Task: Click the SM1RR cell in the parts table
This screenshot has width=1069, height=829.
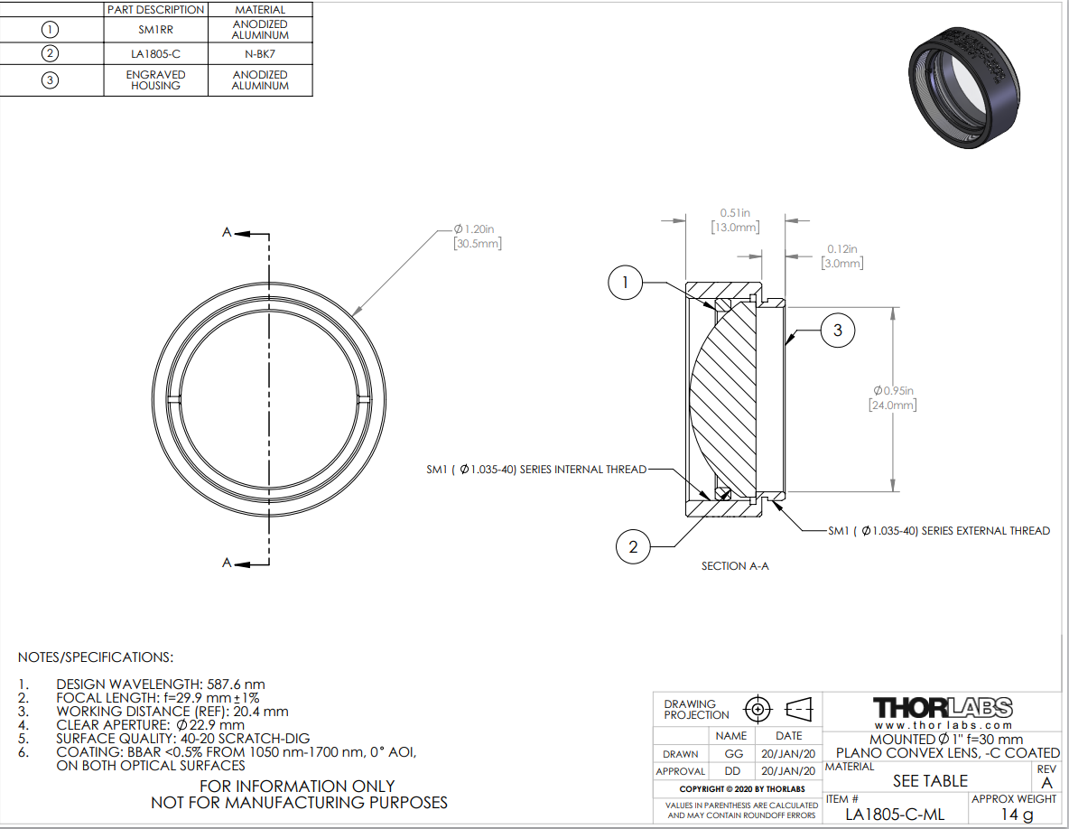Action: [x=155, y=30]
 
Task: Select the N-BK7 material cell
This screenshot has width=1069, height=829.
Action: [x=260, y=54]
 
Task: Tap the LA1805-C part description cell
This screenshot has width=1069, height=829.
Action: [x=155, y=54]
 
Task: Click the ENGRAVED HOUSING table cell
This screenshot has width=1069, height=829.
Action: [x=155, y=80]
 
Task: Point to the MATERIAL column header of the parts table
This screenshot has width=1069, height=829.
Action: [x=260, y=10]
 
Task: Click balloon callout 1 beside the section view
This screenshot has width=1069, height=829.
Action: [x=625, y=283]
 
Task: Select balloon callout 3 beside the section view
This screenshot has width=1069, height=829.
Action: [x=838, y=331]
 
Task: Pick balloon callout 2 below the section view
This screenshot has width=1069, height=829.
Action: [x=633, y=546]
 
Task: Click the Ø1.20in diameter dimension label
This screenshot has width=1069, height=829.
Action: [x=478, y=236]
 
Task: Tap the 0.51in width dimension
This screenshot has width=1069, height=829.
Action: [x=735, y=220]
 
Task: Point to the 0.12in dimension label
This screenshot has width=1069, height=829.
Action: [x=842, y=256]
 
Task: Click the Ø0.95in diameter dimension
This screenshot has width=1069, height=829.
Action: [x=892, y=398]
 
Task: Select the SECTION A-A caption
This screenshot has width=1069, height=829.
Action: [x=735, y=566]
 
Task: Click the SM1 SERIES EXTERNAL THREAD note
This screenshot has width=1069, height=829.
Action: [x=939, y=531]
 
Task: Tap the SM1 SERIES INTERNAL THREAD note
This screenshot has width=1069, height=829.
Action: [x=536, y=470]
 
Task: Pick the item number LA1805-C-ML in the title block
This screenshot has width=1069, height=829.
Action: [x=895, y=814]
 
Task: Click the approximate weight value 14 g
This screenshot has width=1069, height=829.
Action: [x=1017, y=814]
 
